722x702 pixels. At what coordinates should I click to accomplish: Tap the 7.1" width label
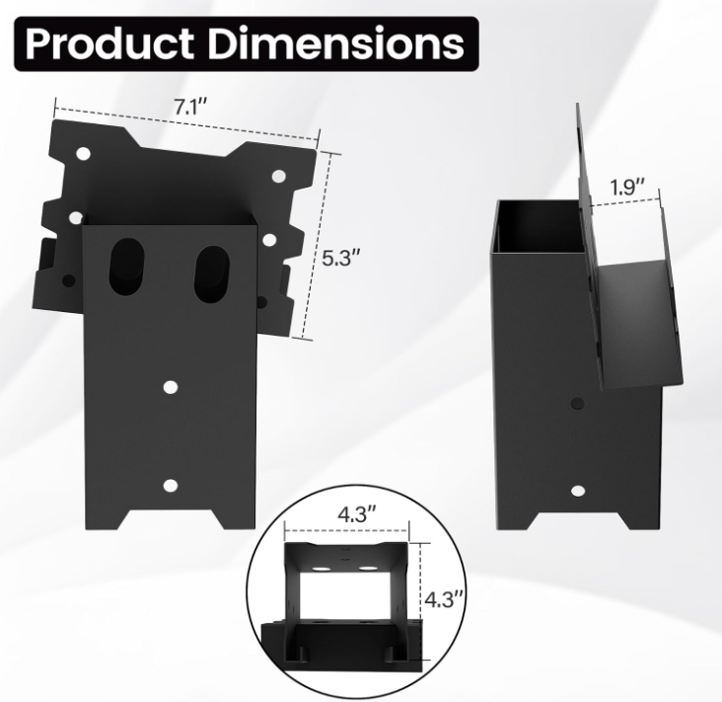click(188, 108)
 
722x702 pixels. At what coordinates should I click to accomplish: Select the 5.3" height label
click(342, 259)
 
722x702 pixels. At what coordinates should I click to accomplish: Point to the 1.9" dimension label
click(627, 185)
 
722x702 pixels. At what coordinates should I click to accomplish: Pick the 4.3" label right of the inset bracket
click(444, 598)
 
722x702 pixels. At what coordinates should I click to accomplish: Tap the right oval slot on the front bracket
click(212, 270)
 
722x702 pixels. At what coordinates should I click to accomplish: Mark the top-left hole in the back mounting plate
click(83, 155)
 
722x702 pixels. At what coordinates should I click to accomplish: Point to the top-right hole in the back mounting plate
click(279, 176)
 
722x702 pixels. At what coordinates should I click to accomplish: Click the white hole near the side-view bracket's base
click(577, 490)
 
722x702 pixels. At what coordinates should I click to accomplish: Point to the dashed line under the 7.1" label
click(187, 122)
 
